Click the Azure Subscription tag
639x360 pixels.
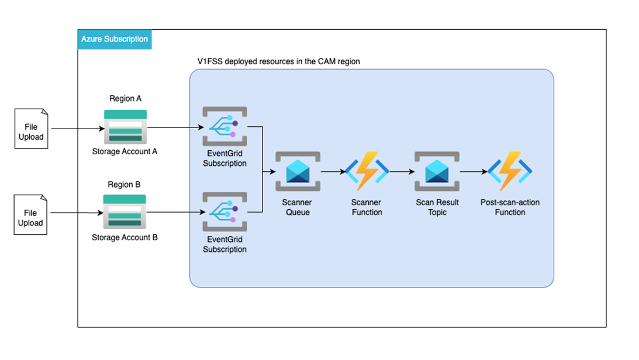pyautogui.click(x=115, y=39)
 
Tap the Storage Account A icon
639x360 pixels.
pyautogui.click(x=125, y=126)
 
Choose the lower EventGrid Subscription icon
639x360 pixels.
pyautogui.click(x=224, y=212)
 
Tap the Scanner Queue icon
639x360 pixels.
pyautogui.click(x=298, y=172)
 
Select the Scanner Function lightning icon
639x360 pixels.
pyautogui.click(x=367, y=172)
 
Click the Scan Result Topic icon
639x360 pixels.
pyautogui.click(x=437, y=172)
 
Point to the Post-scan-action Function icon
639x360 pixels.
pyautogui.click(x=510, y=172)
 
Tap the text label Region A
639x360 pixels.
pyautogui.click(x=125, y=99)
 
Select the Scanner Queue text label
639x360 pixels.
pyautogui.click(x=298, y=207)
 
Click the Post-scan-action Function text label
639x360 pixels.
pyautogui.click(x=510, y=207)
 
